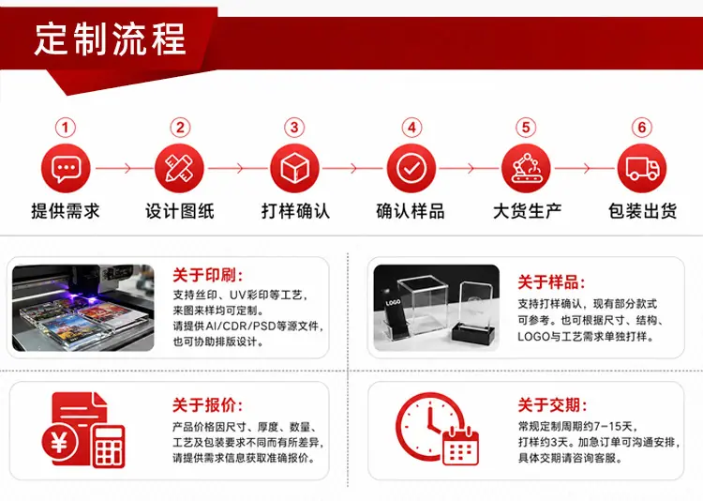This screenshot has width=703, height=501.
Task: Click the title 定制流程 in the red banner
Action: click(110, 39)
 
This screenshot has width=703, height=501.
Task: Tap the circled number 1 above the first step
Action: click(66, 128)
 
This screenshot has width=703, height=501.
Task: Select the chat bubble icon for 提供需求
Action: click(66, 168)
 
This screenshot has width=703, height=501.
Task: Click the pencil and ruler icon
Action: click(179, 168)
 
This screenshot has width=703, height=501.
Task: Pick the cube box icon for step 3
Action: click(294, 168)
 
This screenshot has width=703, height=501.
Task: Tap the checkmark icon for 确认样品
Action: click(411, 168)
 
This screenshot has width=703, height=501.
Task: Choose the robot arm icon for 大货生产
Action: click(526, 168)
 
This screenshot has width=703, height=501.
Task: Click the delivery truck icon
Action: click(642, 168)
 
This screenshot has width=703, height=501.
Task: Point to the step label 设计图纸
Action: click(180, 211)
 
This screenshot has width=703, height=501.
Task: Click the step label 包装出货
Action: click(642, 211)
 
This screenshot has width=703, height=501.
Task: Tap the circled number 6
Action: click(642, 128)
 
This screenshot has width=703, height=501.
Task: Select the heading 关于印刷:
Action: click(208, 275)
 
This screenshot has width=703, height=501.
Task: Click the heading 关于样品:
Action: click(551, 282)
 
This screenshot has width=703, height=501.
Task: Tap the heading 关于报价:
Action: click(208, 405)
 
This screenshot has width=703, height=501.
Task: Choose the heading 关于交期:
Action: click(552, 405)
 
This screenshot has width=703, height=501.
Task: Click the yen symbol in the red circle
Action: click(60, 444)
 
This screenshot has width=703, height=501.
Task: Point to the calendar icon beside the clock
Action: click(461, 447)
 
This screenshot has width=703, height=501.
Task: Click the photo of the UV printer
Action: click(82, 308)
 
